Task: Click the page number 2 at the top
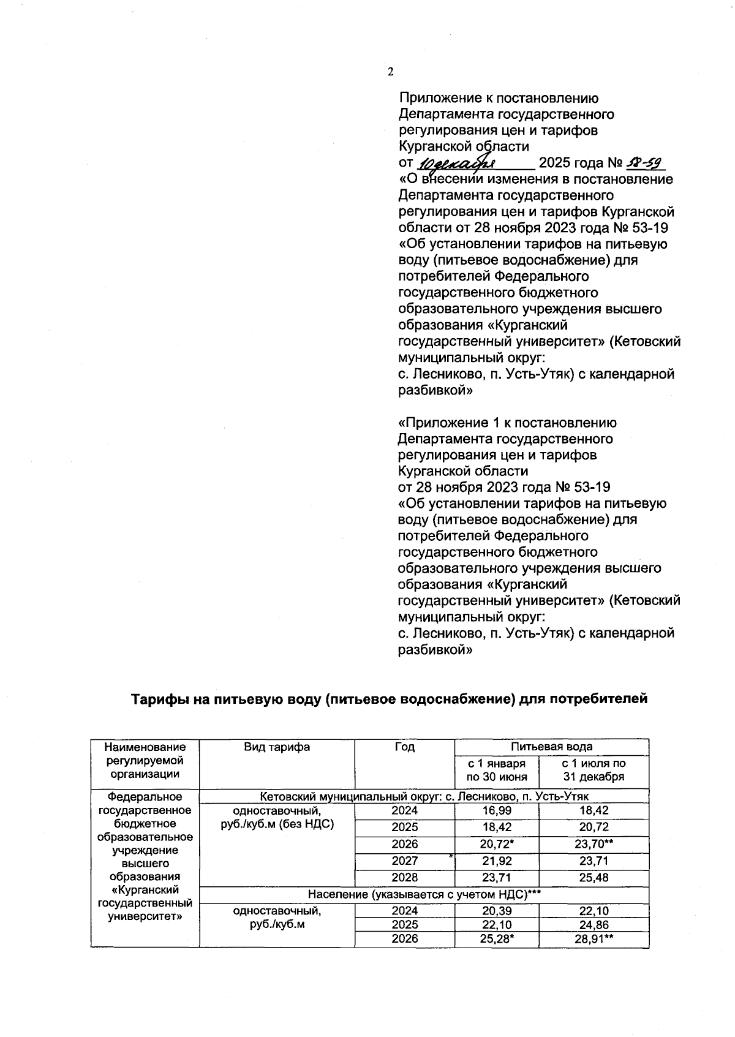390,72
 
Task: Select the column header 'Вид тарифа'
277,747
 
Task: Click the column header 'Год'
404,747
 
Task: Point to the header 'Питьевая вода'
551,747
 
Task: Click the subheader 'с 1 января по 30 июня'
497,770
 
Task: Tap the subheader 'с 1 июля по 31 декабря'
594,770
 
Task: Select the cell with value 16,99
497,810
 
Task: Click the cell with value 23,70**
594,844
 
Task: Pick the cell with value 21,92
497,861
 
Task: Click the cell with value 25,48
594,878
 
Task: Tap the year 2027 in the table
404,861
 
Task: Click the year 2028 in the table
404,878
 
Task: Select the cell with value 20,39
497,911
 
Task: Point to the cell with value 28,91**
594,939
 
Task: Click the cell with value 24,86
594,925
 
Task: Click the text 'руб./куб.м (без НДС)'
277,824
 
